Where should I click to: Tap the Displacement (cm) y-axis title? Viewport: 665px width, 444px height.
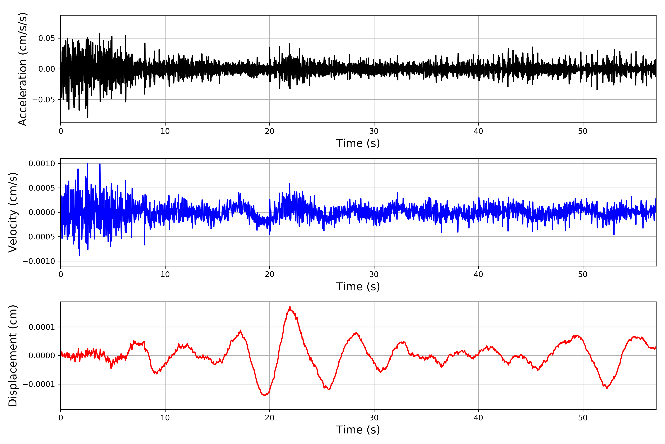coord(13,355)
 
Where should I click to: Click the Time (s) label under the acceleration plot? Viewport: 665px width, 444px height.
coord(358,143)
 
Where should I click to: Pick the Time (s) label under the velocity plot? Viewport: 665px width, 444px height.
coord(358,287)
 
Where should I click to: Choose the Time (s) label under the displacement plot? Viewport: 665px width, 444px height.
coord(358,430)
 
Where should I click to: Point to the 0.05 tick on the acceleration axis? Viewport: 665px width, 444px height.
coord(47,38)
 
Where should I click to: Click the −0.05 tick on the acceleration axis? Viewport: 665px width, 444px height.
coord(44,100)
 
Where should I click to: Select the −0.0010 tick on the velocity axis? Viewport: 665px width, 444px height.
coord(39,261)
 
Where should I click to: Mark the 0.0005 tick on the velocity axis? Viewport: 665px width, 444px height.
coord(42,188)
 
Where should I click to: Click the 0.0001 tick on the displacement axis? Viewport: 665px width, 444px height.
coord(42,327)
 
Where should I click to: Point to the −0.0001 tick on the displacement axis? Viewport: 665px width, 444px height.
coord(39,384)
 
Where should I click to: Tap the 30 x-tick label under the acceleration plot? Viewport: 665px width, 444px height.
coord(374,131)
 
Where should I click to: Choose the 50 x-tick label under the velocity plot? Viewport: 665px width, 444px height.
coord(583,274)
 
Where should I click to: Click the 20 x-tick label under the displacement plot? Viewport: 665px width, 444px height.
coord(270,418)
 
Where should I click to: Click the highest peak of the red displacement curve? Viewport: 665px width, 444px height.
coord(290,307)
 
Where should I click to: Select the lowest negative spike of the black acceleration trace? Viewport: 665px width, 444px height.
coord(88,117)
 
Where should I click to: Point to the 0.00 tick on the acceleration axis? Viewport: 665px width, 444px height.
coord(47,69)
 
